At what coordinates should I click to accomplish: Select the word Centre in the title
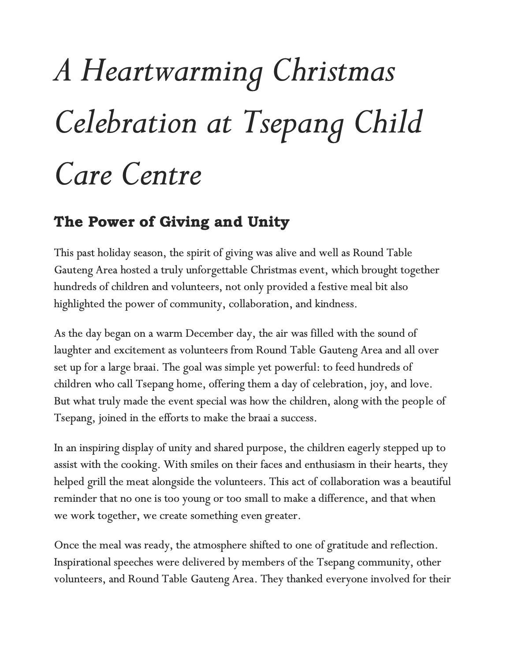(161, 175)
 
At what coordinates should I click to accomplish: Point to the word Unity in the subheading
(268, 222)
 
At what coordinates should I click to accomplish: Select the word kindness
(335, 304)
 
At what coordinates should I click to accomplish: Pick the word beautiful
(431, 482)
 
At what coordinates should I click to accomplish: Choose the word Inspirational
(82, 562)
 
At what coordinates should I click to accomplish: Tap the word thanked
(305, 579)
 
